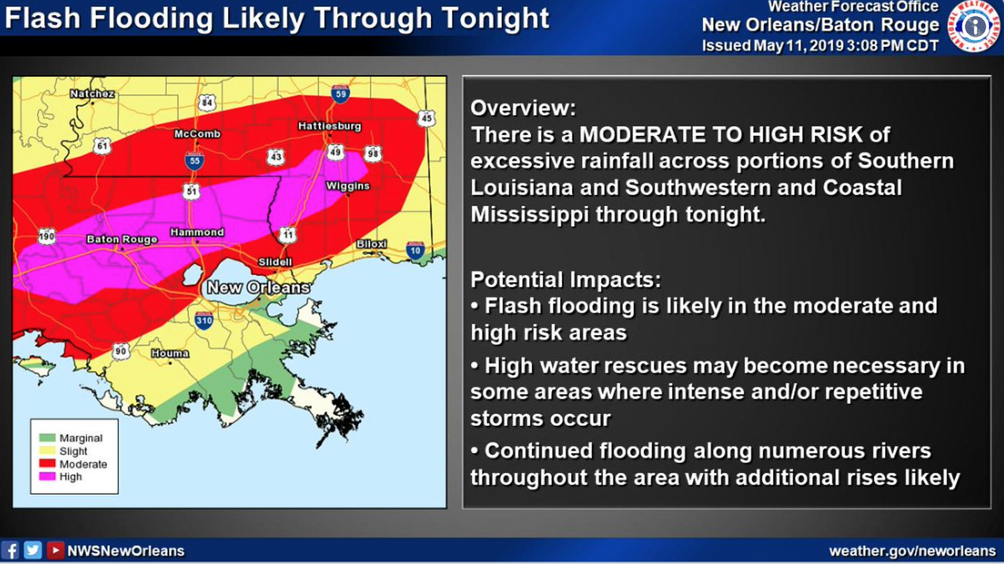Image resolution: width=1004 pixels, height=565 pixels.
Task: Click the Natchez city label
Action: pyautogui.click(x=92, y=94)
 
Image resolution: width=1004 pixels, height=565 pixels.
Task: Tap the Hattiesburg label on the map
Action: pyautogui.click(x=329, y=126)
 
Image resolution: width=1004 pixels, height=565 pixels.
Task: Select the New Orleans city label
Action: pyautogui.click(x=258, y=287)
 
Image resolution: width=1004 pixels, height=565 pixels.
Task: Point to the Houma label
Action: pyautogui.click(x=170, y=354)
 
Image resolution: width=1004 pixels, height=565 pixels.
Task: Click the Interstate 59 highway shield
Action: pyautogui.click(x=340, y=94)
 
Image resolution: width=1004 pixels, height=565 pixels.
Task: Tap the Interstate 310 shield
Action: pyautogui.click(x=204, y=320)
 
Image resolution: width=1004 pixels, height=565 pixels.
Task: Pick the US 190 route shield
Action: pyautogui.click(x=47, y=236)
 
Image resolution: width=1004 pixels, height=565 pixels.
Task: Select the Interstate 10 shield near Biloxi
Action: pyautogui.click(x=415, y=251)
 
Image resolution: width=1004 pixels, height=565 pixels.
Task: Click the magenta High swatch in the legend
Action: pyautogui.click(x=47, y=477)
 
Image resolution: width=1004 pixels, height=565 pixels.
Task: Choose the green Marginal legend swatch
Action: pyautogui.click(x=47, y=438)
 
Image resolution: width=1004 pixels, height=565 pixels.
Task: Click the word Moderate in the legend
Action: pyautogui.click(x=83, y=465)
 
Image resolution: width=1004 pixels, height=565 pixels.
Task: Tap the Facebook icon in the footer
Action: pyautogui.click(x=10, y=550)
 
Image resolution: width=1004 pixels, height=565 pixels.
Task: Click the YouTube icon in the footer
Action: pyautogui.click(x=55, y=550)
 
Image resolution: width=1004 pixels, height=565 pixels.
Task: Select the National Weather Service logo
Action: pyautogui.click(x=974, y=26)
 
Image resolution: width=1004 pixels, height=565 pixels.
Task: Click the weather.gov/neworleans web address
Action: pyautogui.click(x=912, y=551)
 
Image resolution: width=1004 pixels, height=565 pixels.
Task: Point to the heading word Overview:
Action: pyautogui.click(x=522, y=108)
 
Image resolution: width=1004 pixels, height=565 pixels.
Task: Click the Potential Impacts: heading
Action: pyautogui.click(x=565, y=280)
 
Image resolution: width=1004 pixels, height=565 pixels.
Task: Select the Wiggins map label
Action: pyautogui.click(x=348, y=186)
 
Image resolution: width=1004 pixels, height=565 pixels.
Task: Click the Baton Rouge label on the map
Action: pyautogui.click(x=122, y=240)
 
